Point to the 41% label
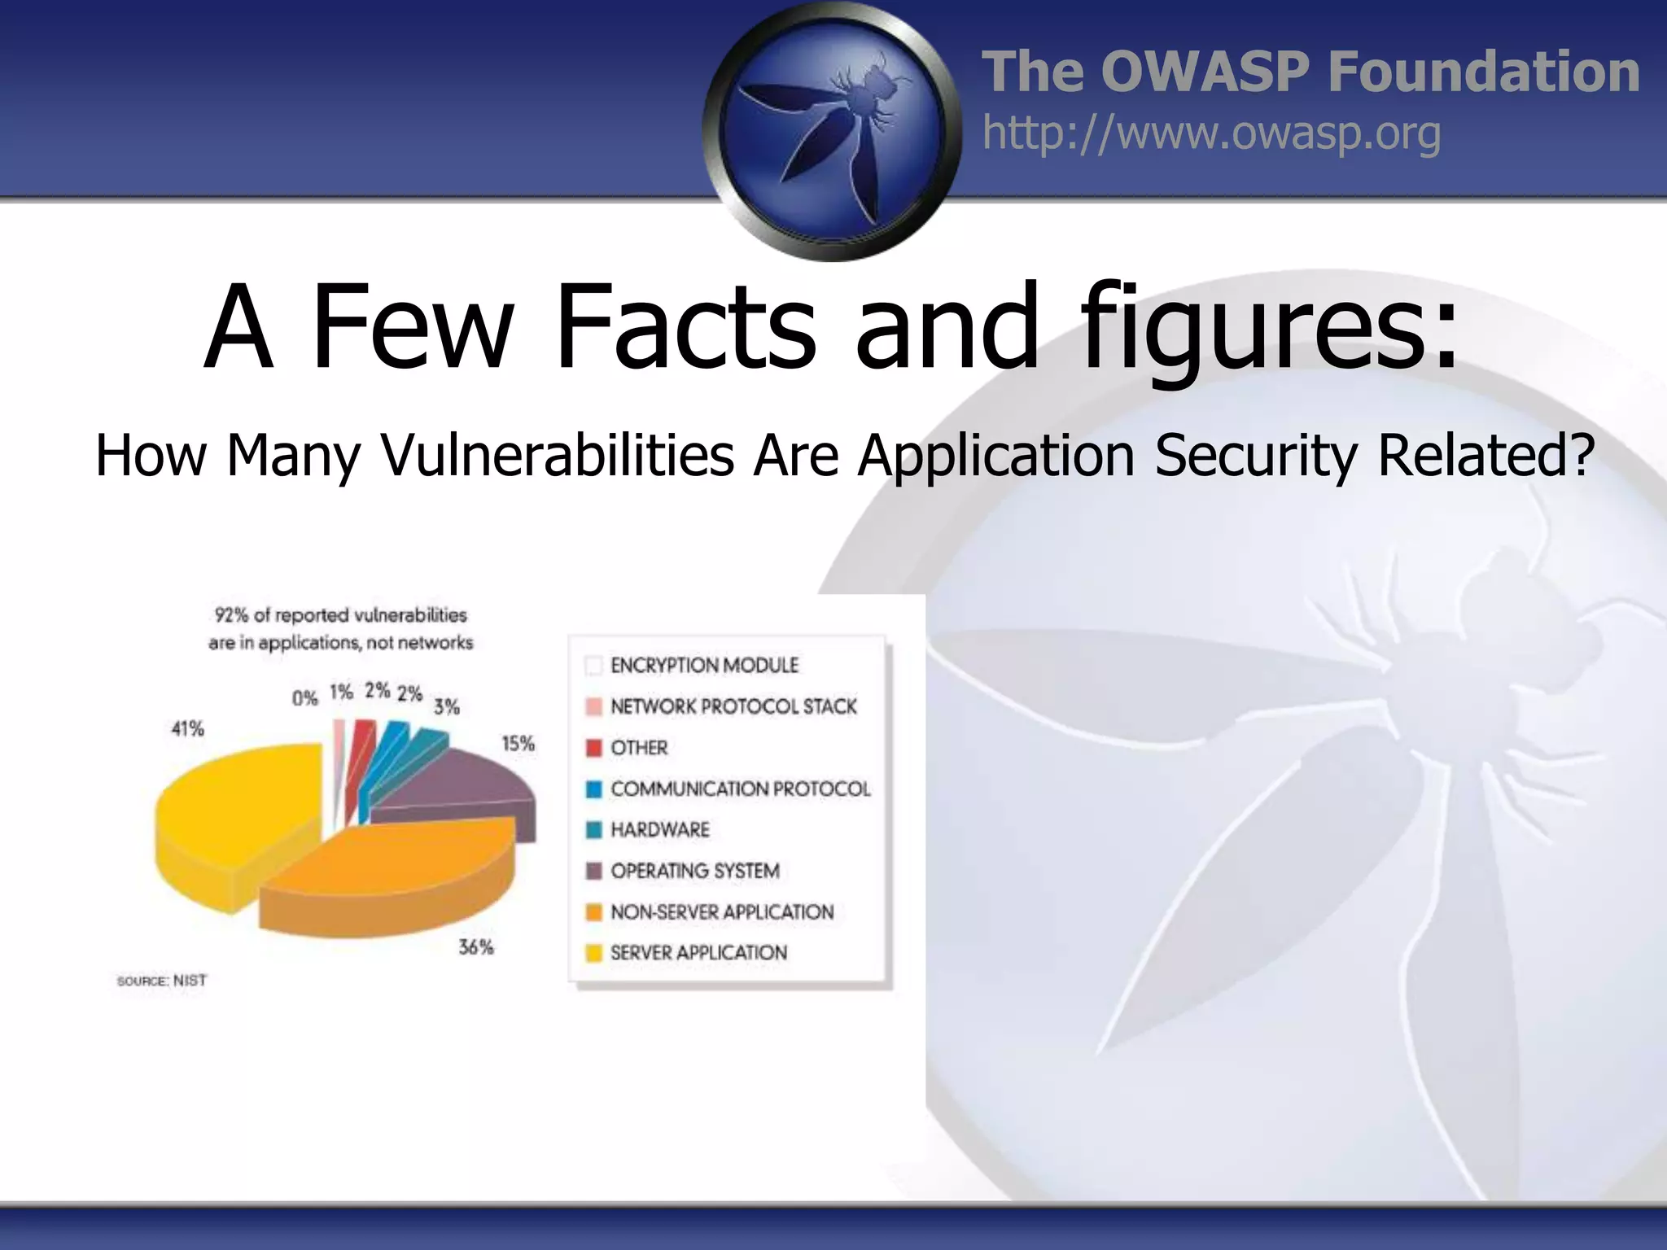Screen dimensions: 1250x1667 coord(187,728)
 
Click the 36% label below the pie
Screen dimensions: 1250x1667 coord(476,947)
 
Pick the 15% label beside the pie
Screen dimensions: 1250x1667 coord(518,744)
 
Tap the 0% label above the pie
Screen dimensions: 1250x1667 coord(304,698)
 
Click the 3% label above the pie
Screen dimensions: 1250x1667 coord(446,706)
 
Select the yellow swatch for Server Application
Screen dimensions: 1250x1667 coord(594,953)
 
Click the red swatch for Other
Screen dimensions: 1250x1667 coord(594,748)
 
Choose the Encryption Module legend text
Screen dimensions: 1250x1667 coord(704,666)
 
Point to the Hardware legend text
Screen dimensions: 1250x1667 coord(660,830)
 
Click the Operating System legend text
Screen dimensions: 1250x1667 coord(695,871)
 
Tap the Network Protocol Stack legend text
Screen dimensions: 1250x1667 coord(733,706)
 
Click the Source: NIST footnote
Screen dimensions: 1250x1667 coord(162,981)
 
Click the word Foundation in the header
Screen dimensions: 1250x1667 coord(1483,72)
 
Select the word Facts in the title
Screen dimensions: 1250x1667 coord(684,326)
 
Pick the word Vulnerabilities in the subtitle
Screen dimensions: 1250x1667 coord(558,455)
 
